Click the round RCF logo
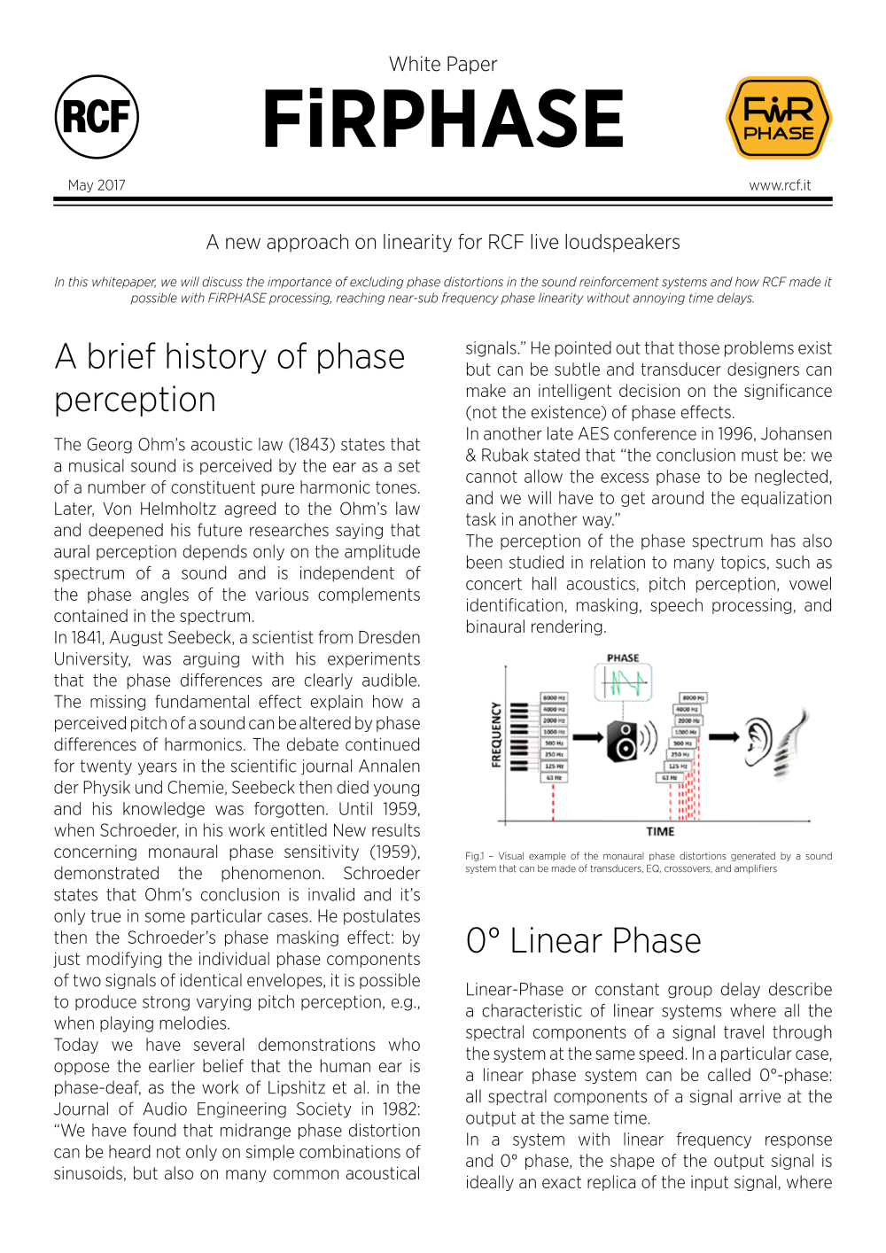97,117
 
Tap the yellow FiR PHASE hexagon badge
778,118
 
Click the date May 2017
97,185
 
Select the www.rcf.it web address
780,185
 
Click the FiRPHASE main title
443,120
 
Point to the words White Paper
443,64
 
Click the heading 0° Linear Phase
583,940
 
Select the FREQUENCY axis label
496,735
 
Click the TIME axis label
660,831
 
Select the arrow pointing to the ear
723,736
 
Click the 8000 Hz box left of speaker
554,698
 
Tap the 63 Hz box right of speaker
667,777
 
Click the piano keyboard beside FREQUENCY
520,735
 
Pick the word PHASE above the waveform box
623,658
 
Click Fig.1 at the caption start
474,856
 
